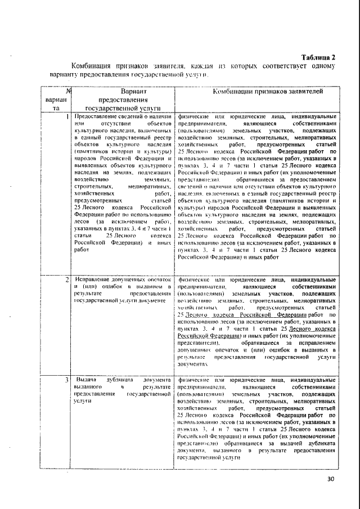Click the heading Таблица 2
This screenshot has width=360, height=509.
[318, 57]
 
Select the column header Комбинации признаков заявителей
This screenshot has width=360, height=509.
[259, 91]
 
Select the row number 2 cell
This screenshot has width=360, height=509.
[67, 279]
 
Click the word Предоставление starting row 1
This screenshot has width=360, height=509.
[95, 116]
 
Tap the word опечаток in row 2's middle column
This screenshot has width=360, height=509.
[157, 279]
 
